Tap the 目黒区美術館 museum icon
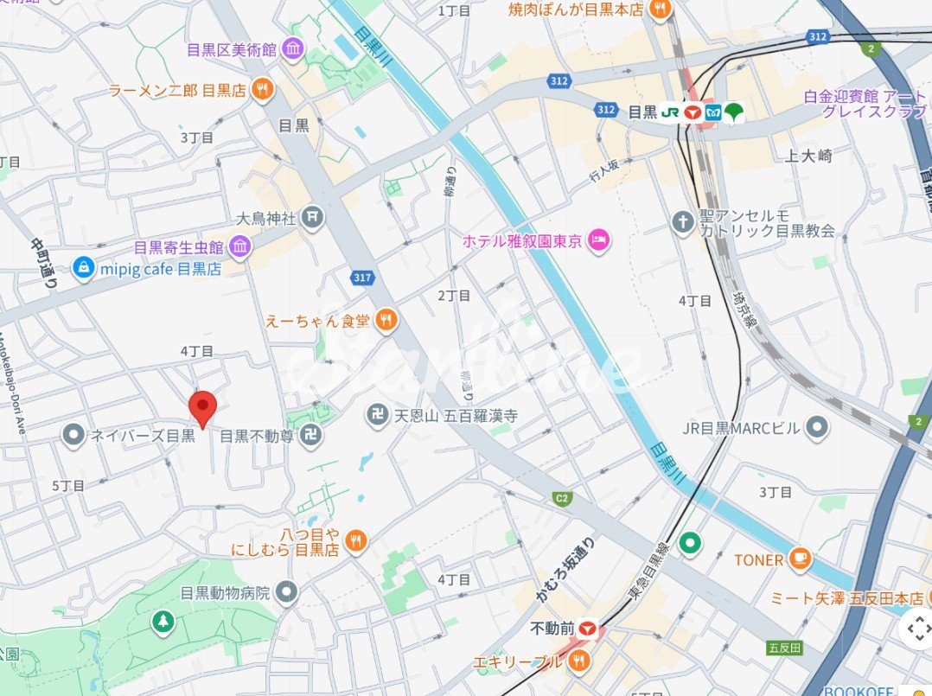tap(292, 49)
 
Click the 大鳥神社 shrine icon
tap(313, 218)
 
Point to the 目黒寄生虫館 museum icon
tap(239, 247)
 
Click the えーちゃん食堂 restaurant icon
tap(386, 321)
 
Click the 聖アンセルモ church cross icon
tap(683, 221)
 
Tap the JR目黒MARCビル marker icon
tap(815, 426)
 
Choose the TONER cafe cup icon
tap(801, 559)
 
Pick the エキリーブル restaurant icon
tap(579, 661)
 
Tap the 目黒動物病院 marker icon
tap(287, 593)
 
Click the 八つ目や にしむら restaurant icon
tap(355, 541)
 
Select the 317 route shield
tap(362, 277)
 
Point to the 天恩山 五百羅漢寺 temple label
tap(444, 417)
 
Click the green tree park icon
tap(163, 621)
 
